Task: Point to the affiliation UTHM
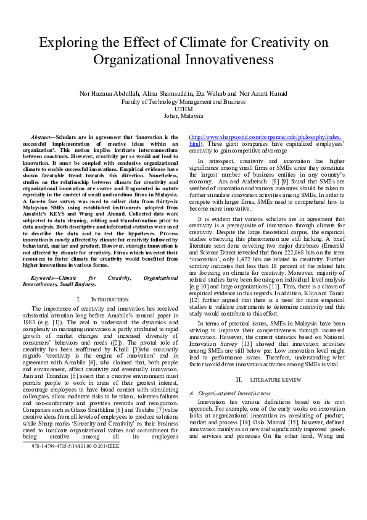pos(184,109)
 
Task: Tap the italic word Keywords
pos(44,279)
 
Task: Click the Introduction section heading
pos(103,299)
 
